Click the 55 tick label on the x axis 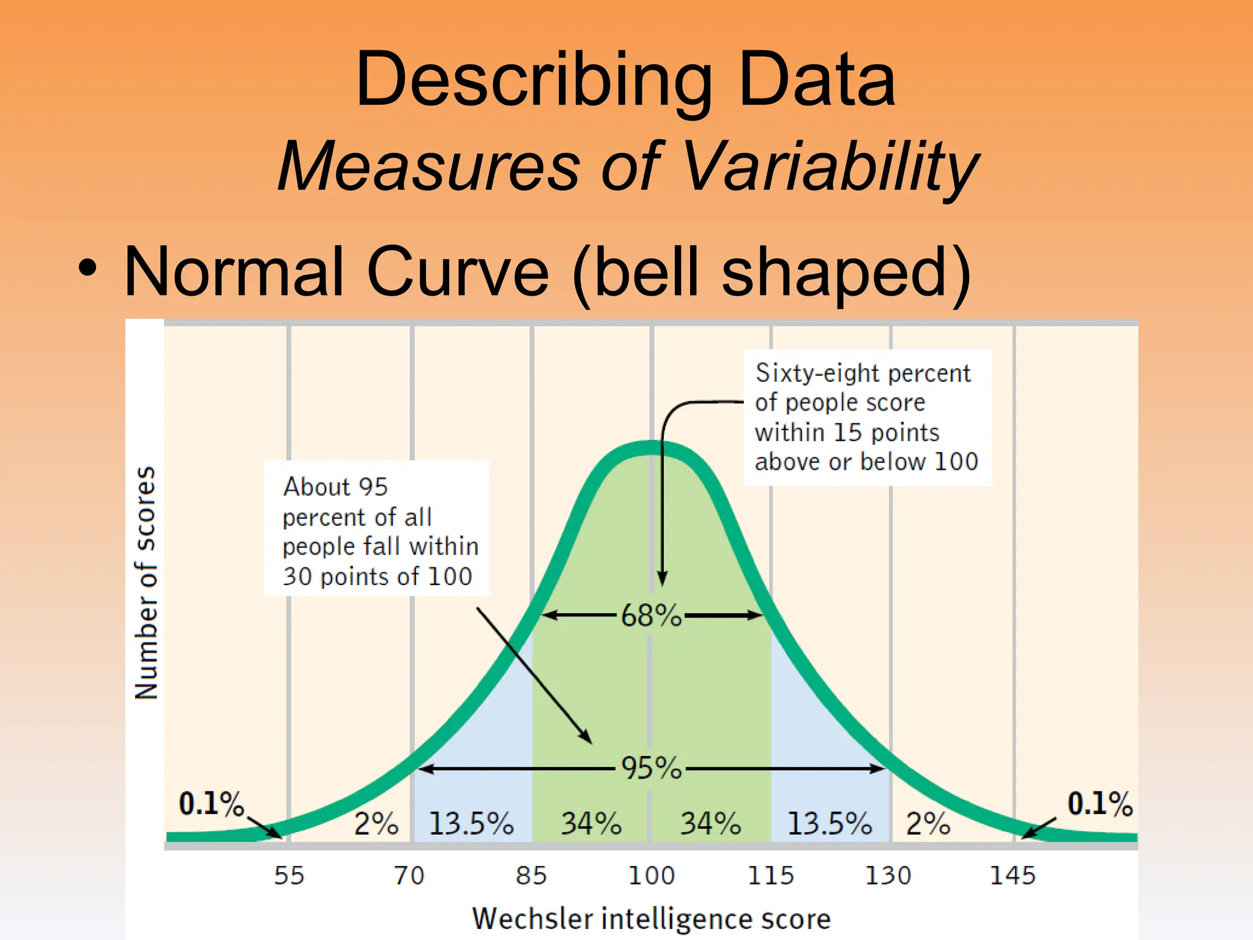tap(289, 875)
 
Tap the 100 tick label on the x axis tap(652, 875)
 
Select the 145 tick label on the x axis tap(1013, 875)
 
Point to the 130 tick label tap(888, 875)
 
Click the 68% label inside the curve tap(651, 616)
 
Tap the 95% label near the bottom tap(651, 769)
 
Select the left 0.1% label tap(211, 804)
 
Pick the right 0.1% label tap(1099, 804)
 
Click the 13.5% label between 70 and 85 tap(471, 824)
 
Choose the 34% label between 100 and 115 tap(710, 824)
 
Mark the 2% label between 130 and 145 tap(928, 824)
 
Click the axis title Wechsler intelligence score tap(652, 919)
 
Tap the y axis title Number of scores tap(146, 583)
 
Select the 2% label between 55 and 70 tap(376, 824)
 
